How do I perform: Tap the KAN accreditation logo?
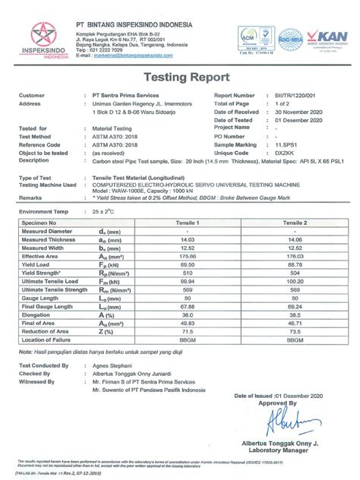[x=328, y=37]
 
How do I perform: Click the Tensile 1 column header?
[x=188, y=223]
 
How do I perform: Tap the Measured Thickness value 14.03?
[x=188, y=239]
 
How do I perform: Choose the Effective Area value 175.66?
[x=188, y=255]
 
